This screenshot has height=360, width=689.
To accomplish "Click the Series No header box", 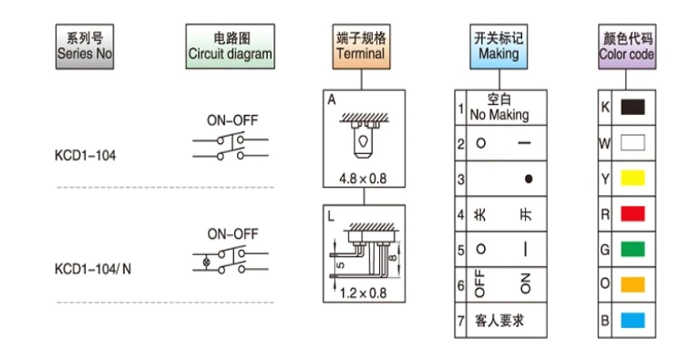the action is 85,46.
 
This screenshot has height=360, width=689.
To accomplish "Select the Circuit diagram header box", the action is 231,46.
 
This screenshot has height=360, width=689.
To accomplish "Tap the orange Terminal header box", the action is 361,46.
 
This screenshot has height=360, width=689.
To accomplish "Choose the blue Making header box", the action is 499,46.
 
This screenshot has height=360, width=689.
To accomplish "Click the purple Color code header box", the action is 627,46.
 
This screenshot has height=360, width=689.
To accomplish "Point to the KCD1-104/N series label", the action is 93,269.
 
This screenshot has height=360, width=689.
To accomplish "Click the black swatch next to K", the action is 632,107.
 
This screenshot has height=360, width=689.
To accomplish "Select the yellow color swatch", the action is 632,178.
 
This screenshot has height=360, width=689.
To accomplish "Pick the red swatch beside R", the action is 632,213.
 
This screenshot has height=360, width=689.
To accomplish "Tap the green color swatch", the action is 632,249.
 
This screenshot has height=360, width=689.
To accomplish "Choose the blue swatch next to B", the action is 632,321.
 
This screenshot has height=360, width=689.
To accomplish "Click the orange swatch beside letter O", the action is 632,284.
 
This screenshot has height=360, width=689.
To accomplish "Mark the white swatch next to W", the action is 632,142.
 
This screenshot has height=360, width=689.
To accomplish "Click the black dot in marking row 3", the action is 529,179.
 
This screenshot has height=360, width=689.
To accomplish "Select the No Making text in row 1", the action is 499,115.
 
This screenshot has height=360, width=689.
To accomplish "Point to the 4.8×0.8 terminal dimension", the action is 363,179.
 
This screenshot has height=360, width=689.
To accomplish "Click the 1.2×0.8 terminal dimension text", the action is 364,293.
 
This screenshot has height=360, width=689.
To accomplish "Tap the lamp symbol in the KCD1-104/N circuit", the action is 206,262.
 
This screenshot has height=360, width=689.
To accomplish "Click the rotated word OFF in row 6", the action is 479,283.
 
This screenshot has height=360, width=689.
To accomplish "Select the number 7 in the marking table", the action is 460,321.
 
